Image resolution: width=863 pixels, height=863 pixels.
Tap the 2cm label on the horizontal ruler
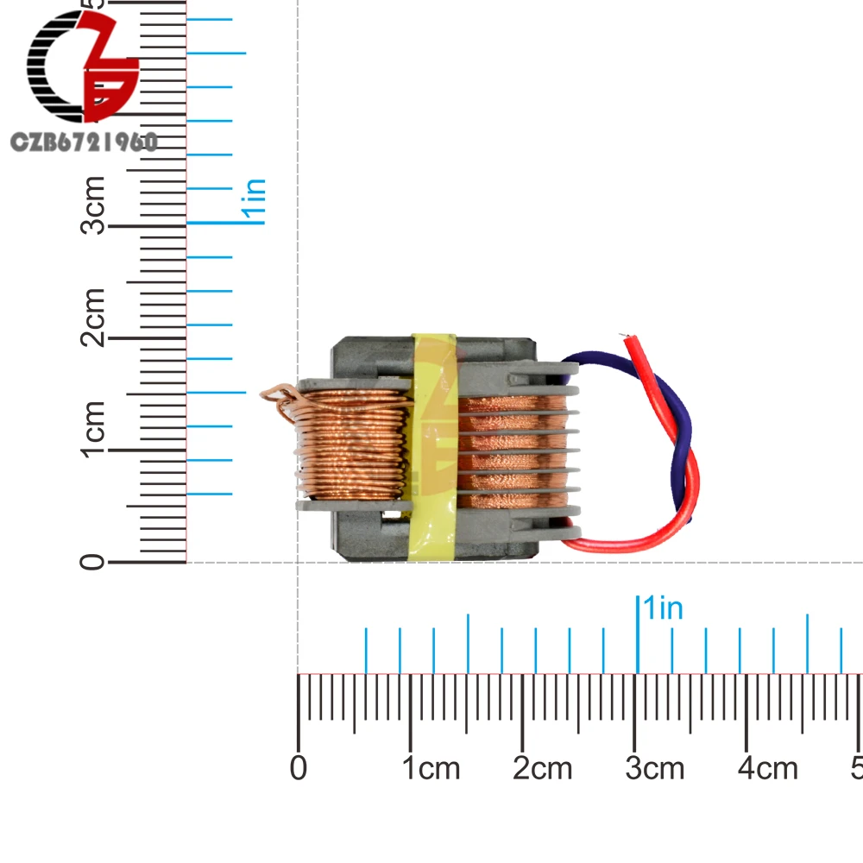(543, 767)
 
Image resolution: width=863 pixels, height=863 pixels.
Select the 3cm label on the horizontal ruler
(655, 767)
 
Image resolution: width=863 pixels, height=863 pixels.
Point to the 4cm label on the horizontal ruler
(768, 767)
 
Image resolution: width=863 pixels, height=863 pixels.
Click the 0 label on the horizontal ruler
(299, 767)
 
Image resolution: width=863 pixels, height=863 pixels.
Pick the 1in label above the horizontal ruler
(663, 608)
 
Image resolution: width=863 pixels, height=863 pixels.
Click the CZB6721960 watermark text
(83, 142)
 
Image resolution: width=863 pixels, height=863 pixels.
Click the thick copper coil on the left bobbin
(354, 444)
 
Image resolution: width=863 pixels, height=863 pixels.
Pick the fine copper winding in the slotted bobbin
(509, 449)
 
